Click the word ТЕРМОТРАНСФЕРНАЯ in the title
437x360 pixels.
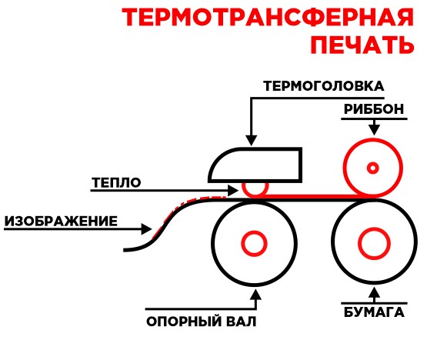(x=268, y=18)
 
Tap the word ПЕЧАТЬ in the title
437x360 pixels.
(x=362, y=45)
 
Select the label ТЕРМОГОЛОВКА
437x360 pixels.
(x=324, y=86)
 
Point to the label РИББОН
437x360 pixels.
(x=374, y=109)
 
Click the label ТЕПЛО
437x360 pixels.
(x=116, y=182)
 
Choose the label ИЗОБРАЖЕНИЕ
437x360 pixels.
(x=61, y=222)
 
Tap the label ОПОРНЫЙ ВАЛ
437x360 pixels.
(x=202, y=322)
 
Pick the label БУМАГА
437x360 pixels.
(x=374, y=312)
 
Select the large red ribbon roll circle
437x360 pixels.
(x=344, y=168)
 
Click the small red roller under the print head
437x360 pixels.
(x=255, y=196)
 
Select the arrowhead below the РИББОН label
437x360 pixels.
(x=374, y=131)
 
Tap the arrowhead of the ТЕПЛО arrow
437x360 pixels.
(x=233, y=191)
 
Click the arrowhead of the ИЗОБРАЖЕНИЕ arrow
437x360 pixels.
(x=147, y=229)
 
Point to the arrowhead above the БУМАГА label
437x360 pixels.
(x=374, y=293)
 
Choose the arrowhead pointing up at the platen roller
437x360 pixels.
(x=256, y=295)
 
